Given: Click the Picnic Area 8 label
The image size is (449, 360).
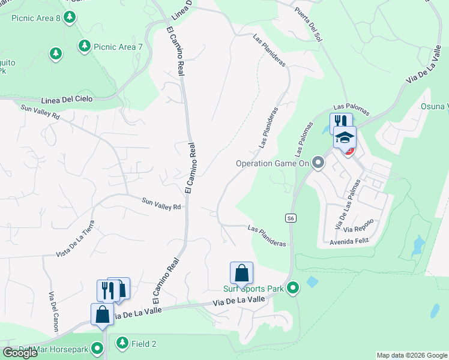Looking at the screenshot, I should click(36, 18).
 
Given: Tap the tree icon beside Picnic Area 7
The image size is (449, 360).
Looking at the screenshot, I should click(85, 46).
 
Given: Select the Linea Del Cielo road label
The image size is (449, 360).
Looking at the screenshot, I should click(67, 99).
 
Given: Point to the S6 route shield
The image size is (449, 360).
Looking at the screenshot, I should click(291, 218).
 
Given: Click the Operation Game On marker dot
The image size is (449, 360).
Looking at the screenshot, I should click(318, 163).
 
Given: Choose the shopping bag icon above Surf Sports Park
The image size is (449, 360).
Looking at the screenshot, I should click(241, 273).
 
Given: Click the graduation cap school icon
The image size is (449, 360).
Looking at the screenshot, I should click(345, 138).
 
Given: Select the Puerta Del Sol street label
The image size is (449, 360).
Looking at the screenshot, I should click(307, 25).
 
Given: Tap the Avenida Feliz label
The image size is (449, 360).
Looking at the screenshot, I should click(348, 241).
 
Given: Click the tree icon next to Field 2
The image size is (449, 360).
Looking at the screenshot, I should click(122, 343).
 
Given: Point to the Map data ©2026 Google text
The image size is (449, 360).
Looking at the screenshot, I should click(412, 355).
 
